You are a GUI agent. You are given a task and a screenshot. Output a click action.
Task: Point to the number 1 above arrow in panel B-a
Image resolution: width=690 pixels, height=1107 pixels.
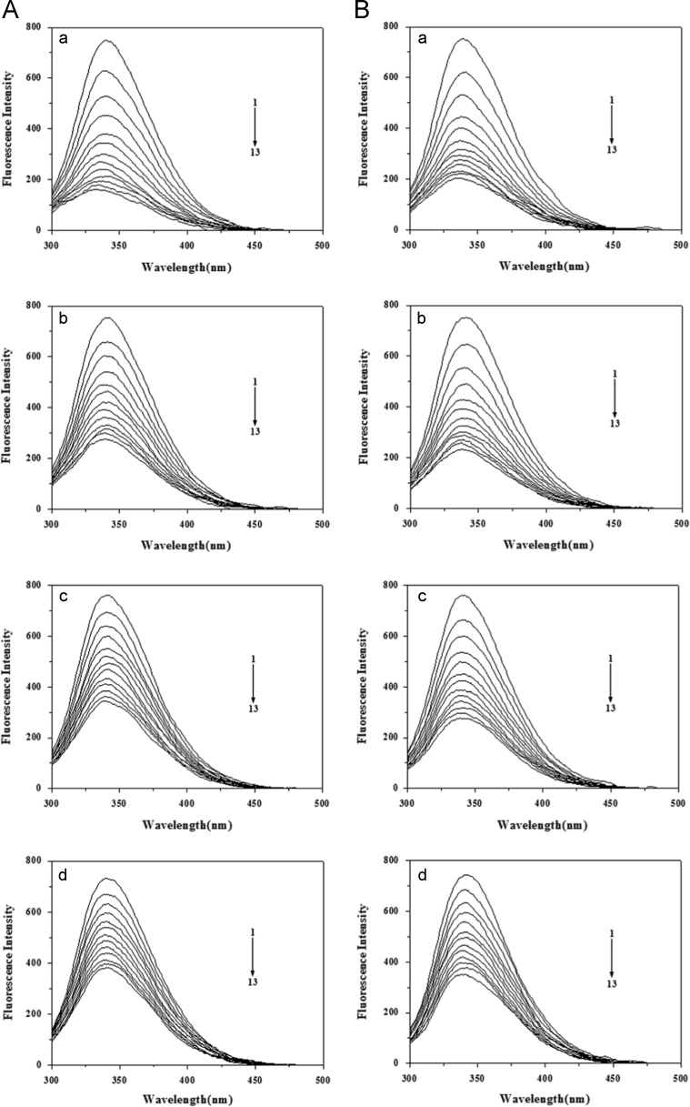612,98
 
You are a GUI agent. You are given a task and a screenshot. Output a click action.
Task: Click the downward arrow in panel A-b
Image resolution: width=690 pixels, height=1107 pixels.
255,403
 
